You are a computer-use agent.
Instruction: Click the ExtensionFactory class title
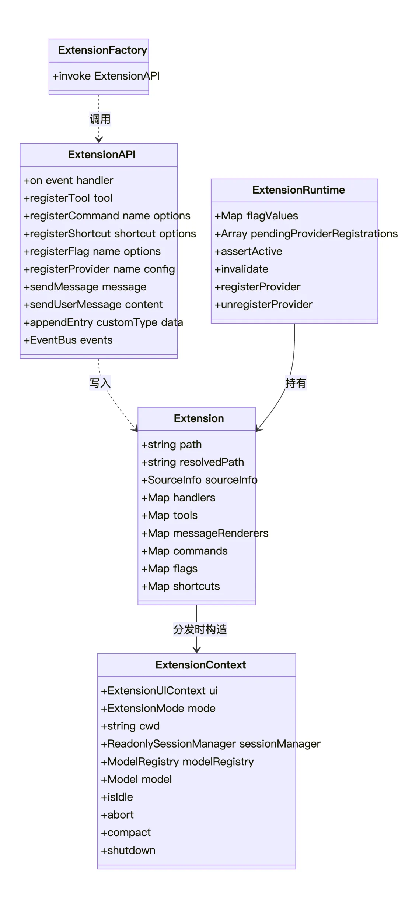[102, 50]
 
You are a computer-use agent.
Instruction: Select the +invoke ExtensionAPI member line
[106, 76]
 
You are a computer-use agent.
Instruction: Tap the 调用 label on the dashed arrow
[100, 119]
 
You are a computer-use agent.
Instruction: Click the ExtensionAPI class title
[102, 155]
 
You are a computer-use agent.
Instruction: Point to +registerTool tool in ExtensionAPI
[68, 198]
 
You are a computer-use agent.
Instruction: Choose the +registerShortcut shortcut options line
[110, 234]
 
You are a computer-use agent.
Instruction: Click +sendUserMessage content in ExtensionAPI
[93, 304]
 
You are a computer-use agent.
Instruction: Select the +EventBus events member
[68, 340]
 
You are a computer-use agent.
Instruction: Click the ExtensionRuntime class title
[298, 190]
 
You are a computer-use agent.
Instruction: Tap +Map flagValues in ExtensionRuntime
[256, 216]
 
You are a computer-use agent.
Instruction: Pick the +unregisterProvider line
[263, 304]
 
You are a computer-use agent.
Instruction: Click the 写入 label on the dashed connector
[100, 383]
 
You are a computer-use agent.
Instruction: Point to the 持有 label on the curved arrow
[296, 383]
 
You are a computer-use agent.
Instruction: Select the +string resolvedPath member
[193, 462]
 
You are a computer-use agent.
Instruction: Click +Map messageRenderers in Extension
[205, 533]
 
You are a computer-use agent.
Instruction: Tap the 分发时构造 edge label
[200, 629]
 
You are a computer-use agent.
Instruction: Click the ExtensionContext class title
[200, 665]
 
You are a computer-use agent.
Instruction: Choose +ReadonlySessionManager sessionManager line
[211, 744]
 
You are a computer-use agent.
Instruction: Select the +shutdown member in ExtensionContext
[128, 850]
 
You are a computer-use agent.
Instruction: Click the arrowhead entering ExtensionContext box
[197, 650]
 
